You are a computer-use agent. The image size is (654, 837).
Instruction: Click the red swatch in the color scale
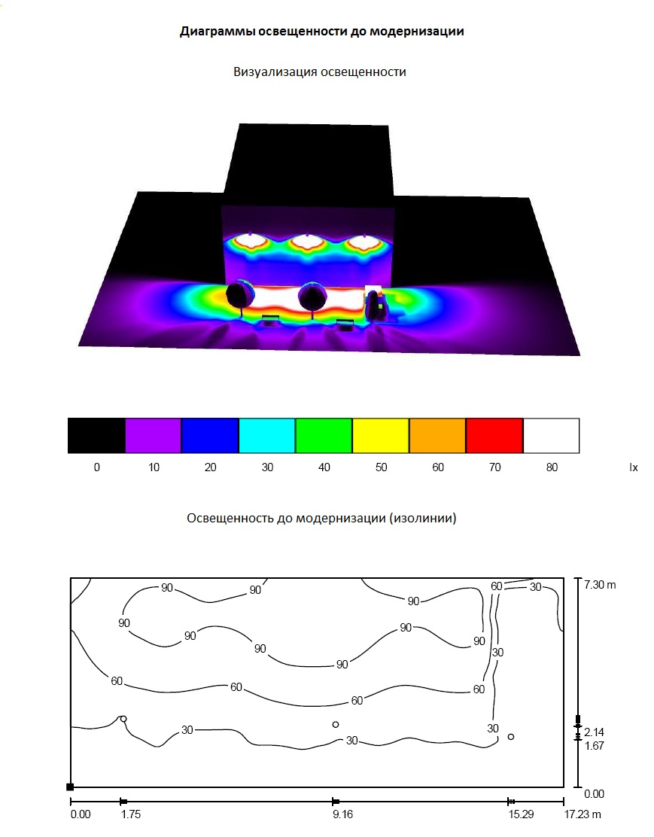(x=494, y=436)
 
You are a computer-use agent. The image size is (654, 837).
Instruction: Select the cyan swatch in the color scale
(x=267, y=436)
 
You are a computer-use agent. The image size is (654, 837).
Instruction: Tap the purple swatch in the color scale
(x=154, y=436)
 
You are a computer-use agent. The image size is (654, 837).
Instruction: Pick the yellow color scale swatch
(x=381, y=436)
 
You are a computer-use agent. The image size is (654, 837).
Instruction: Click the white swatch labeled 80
(x=552, y=436)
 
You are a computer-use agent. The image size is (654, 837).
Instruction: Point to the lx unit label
(x=634, y=467)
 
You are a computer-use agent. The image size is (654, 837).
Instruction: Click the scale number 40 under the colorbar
(x=324, y=467)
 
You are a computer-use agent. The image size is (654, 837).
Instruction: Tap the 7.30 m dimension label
(x=600, y=585)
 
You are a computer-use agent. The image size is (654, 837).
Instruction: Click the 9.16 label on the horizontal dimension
(x=342, y=814)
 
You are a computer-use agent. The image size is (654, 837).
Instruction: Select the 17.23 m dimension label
(x=583, y=814)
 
